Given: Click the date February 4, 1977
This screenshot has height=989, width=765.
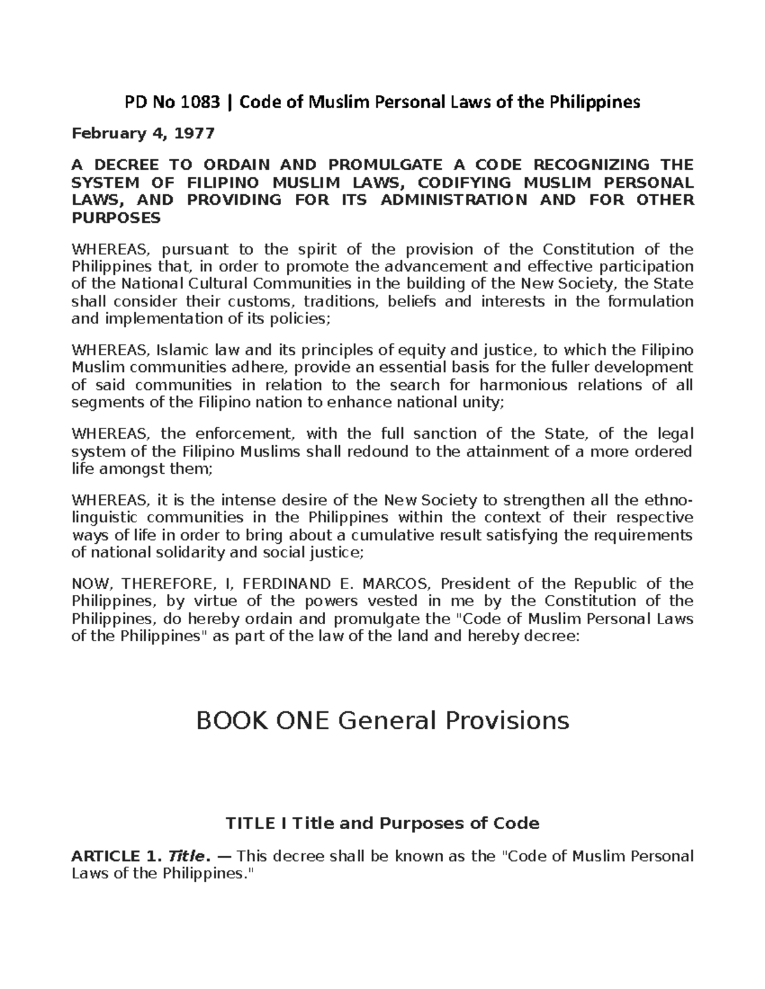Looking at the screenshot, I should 143,134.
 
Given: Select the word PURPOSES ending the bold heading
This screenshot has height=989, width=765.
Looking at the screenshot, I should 116,218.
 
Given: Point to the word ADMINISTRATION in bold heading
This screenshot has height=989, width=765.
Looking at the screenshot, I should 453,200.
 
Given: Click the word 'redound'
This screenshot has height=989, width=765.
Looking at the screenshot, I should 379,452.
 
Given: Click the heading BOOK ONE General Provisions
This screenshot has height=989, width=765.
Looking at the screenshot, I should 382,721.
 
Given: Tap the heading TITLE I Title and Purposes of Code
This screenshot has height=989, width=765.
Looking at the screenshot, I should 382,824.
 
